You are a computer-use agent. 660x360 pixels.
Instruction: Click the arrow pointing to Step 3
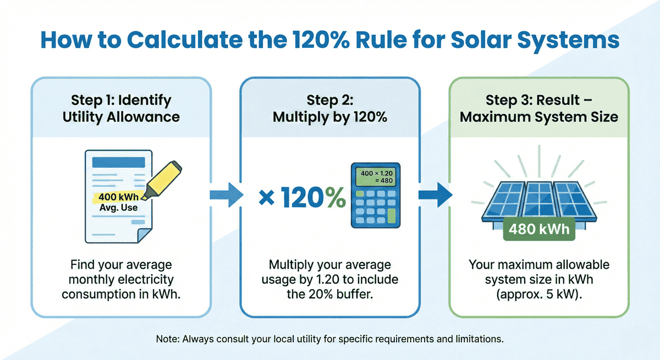click(x=434, y=196)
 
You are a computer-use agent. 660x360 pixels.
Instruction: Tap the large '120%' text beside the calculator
click(x=311, y=198)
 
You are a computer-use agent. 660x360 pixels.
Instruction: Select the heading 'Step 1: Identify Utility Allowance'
click(x=121, y=108)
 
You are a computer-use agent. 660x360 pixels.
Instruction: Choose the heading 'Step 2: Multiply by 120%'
click(x=329, y=108)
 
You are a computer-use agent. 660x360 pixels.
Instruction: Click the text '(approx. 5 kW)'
click(x=538, y=293)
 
